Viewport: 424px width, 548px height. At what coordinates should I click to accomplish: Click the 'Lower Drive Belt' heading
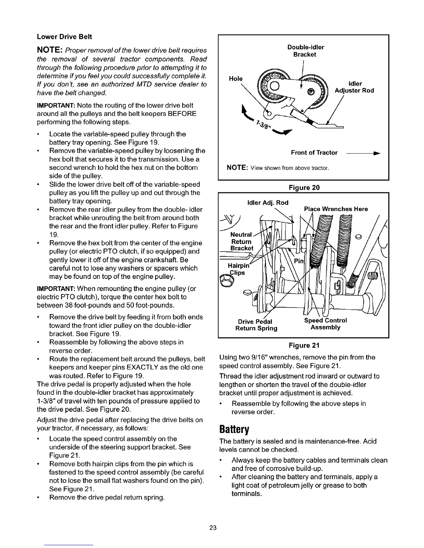(x=64, y=37)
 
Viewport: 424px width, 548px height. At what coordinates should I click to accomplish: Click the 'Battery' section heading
(x=235, y=430)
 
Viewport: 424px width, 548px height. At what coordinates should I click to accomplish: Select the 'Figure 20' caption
(x=304, y=188)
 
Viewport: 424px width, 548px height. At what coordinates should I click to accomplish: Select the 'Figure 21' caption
(x=304, y=345)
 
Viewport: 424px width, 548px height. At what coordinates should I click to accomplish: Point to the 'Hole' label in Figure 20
(x=236, y=79)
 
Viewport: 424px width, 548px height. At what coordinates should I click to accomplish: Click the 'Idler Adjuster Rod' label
(x=354, y=87)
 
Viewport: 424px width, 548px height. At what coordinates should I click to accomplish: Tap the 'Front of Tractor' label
(x=314, y=153)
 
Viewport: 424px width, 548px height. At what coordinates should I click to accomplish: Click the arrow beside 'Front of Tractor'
(x=368, y=153)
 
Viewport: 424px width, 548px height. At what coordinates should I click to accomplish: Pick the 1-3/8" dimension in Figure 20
(x=262, y=127)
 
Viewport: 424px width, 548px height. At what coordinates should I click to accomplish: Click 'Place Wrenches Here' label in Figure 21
(x=336, y=209)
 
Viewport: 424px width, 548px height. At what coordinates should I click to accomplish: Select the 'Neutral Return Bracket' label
(x=242, y=241)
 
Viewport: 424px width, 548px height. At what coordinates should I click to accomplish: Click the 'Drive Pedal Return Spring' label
(x=256, y=324)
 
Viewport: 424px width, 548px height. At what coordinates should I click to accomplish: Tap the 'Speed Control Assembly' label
(x=325, y=324)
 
